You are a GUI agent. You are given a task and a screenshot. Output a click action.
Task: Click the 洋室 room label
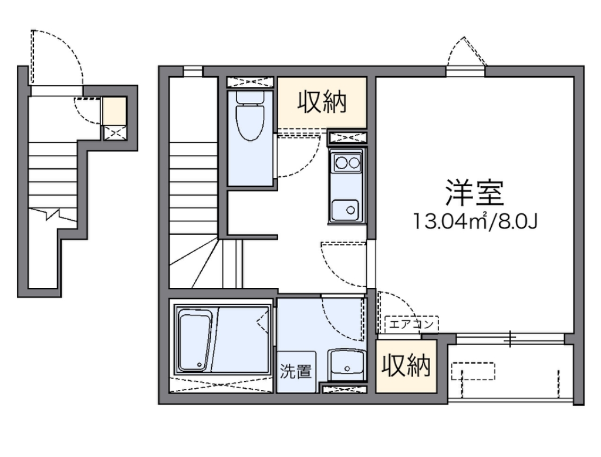[475, 192]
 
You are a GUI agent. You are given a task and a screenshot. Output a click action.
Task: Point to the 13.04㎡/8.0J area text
[475, 221]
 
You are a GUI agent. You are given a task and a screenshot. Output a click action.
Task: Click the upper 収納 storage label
[322, 102]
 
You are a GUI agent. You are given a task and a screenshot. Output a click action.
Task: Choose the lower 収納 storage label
[406, 367]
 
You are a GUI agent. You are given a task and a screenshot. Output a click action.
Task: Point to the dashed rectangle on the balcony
[473, 371]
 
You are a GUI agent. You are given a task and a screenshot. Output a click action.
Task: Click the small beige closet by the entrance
[114, 110]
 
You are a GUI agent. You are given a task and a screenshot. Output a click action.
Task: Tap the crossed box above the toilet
[250, 82]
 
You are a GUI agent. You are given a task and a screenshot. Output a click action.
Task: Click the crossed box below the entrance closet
[115, 132]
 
